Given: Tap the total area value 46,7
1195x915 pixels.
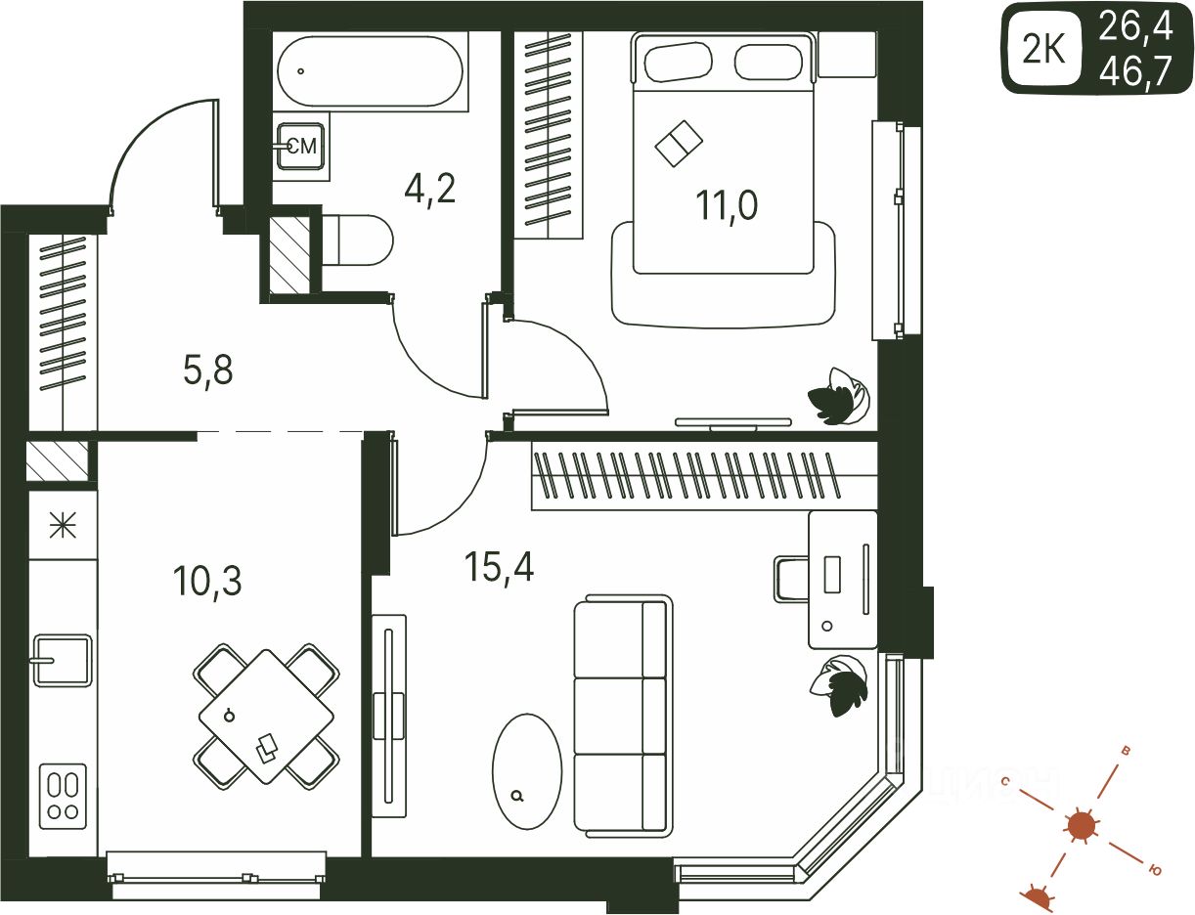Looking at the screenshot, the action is point(1134,71).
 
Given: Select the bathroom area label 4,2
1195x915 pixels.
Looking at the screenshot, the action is point(429,187).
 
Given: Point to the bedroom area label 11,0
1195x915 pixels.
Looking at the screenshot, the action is point(726,206).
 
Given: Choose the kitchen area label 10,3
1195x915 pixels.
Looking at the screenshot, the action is point(206,581).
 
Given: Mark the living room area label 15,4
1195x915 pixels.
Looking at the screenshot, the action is point(500,566).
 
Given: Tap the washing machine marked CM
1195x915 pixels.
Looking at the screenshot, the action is point(300,147).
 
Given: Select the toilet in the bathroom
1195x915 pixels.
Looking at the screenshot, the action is point(356,240).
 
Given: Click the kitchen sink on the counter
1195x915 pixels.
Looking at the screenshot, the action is point(62,661).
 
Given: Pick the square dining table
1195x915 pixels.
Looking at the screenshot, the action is point(266,717).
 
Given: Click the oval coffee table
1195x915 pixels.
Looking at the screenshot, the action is point(526,770).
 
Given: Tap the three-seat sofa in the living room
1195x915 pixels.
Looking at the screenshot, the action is point(623,718).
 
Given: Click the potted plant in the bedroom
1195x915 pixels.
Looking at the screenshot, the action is point(838,396).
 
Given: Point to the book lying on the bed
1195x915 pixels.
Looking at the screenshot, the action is point(678,144).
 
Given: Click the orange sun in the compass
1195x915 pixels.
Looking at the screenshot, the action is point(1081,826).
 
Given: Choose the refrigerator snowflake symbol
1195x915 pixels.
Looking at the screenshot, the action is point(63,527).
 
